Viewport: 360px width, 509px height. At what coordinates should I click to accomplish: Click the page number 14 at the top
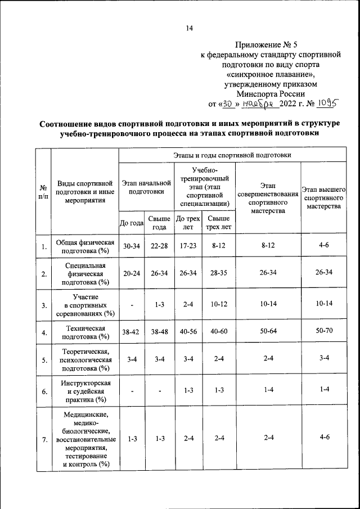click(x=189, y=29)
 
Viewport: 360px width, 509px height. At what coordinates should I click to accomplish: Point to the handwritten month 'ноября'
click(x=261, y=103)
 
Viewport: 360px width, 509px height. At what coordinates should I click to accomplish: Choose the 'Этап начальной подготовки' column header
click(x=146, y=187)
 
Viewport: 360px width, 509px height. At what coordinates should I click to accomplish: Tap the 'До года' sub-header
click(x=132, y=223)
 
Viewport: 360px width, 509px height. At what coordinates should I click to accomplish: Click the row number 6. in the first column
click(x=43, y=392)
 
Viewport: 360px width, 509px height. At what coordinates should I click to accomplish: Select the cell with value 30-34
click(x=132, y=246)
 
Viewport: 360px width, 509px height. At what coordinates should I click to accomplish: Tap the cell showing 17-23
click(x=188, y=246)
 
